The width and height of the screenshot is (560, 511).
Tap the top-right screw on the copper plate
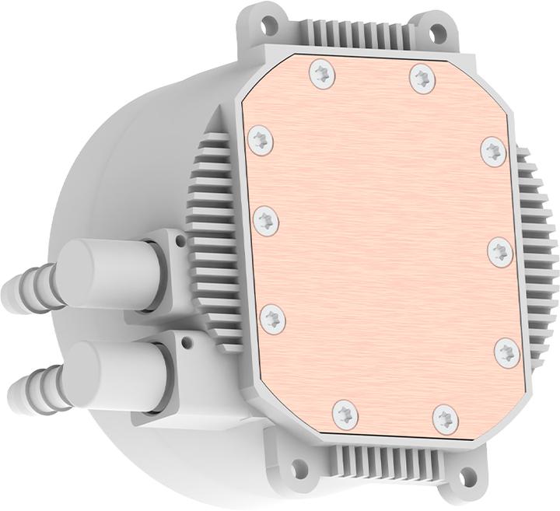tap(422, 78)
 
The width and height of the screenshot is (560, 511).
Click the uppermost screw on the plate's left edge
tap(261, 141)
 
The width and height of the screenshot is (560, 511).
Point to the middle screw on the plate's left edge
tap(266, 220)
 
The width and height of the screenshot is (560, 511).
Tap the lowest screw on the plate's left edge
tap(273, 317)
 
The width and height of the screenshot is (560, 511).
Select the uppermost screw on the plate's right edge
tap(493, 151)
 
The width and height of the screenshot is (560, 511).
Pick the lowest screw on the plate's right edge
tap(507, 351)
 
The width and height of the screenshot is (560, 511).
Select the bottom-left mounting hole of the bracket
tap(298, 467)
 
